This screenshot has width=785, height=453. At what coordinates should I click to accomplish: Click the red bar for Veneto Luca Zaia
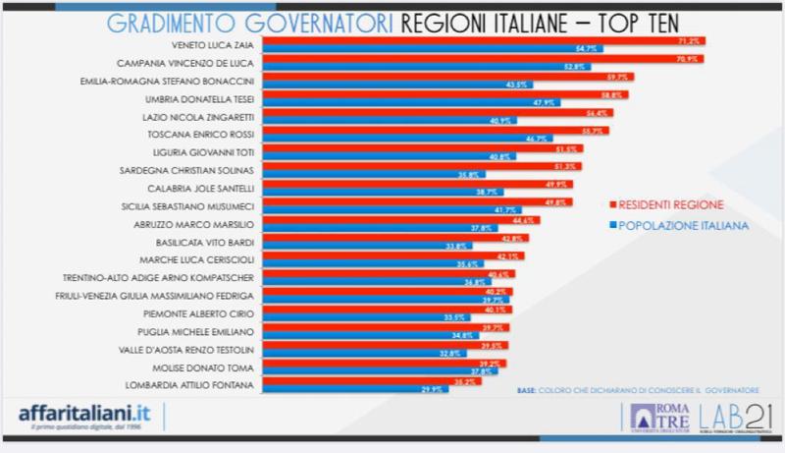(481, 41)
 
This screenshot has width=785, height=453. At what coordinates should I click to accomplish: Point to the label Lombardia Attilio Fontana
(184, 384)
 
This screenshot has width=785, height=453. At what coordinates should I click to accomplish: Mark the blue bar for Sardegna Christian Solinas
(363, 173)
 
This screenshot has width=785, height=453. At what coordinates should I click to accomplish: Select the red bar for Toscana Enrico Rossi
(432, 130)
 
